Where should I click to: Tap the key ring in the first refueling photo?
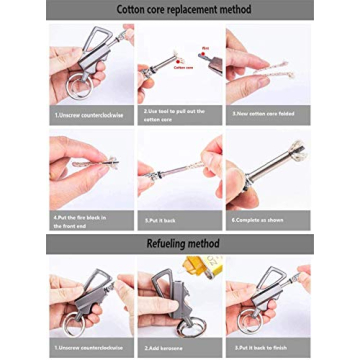[x=70, y=325]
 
